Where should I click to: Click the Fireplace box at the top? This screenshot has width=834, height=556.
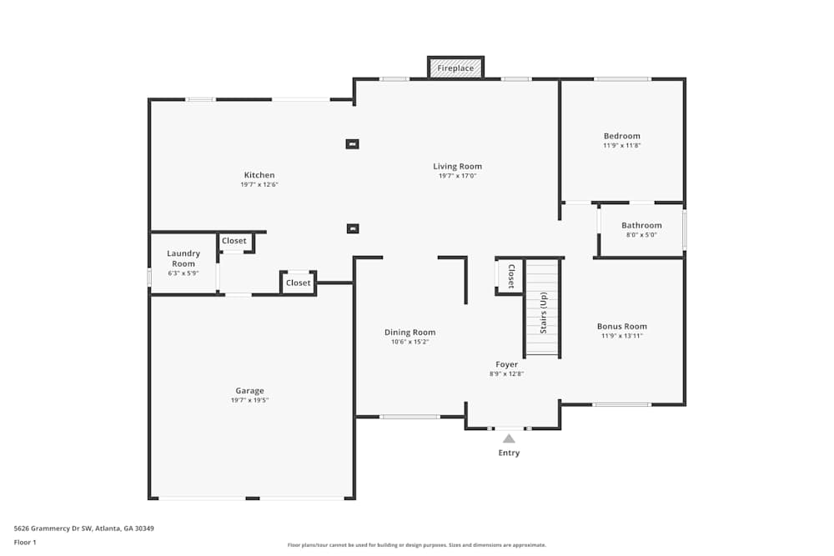pos(455,68)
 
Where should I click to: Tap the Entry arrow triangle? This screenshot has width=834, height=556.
pos(509,438)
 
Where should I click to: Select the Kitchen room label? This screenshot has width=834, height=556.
pos(259,175)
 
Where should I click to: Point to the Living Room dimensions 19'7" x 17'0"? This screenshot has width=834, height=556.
pos(457,176)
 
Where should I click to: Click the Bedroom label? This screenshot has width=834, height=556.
pos(622,136)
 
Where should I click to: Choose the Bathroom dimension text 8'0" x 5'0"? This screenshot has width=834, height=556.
pos(641,235)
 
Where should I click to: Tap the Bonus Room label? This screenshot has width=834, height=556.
pos(622,326)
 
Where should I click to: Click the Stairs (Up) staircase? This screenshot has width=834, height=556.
pos(542,308)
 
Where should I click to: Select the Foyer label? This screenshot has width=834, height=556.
pos(506,364)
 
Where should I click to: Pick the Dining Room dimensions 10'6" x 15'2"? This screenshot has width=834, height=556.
pos(409,342)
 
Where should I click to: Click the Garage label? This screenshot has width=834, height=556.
pos(249,390)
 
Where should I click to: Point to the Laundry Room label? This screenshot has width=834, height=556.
pos(183,258)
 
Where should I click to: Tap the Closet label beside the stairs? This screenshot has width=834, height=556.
pos(511,276)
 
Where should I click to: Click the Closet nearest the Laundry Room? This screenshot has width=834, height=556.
pos(234,241)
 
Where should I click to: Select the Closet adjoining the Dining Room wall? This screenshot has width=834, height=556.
pos(298,283)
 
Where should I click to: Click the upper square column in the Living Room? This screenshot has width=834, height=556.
pos(352,144)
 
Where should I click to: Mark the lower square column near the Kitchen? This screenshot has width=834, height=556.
pos(352,228)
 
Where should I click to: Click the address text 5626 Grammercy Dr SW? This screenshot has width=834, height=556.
pos(83,528)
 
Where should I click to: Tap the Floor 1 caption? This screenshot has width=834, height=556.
pos(25,542)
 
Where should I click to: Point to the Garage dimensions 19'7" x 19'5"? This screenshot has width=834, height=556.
pos(249,400)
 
